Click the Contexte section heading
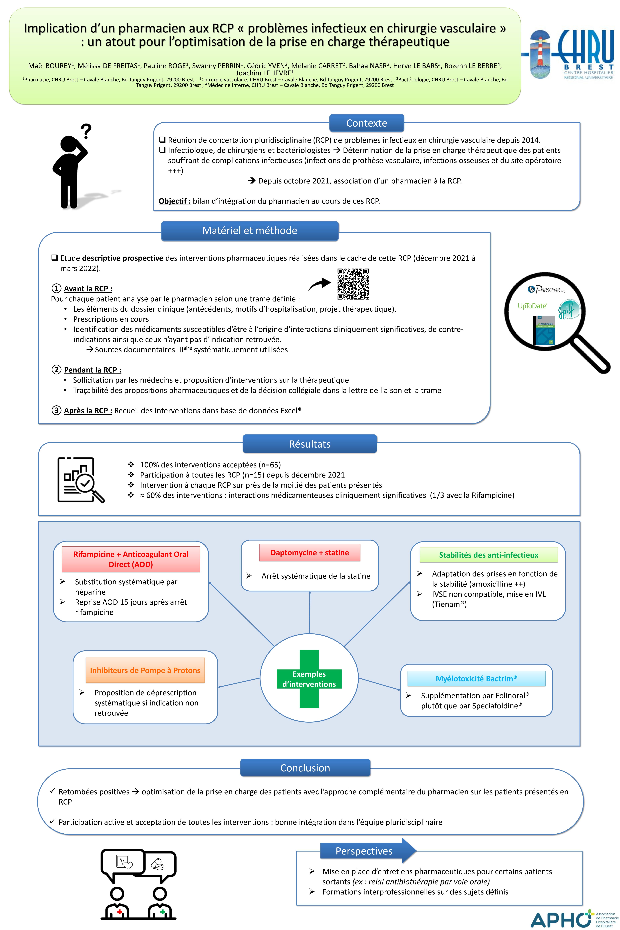tap(367, 123)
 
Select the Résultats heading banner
tap(310, 444)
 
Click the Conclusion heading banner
tap(305, 768)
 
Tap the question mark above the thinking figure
tap(86, 131)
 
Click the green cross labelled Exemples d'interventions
tap(309, 679)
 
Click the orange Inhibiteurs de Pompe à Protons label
tap(145, 670)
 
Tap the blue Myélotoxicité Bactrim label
tap(477, 679)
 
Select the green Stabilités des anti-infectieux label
tap(489, 555)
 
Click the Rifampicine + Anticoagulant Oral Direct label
tap(131, 559)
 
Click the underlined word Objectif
tap(174, 201)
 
